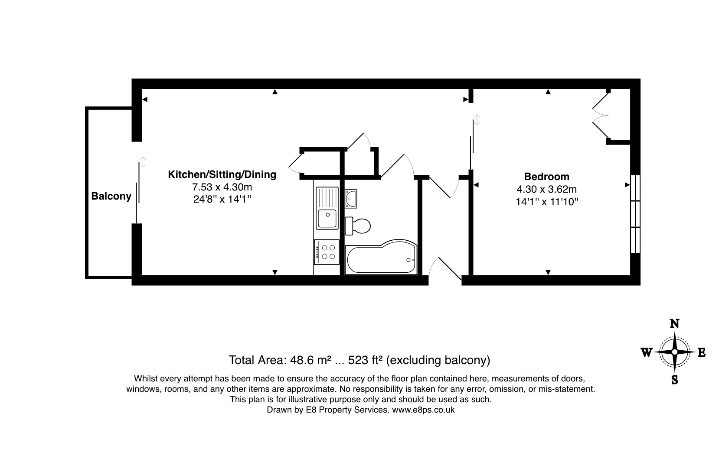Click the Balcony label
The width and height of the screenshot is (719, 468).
(x=111, y=196)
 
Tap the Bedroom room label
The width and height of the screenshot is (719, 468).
(x=547, y=177)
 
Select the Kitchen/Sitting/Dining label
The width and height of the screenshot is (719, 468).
(x=222, y=175)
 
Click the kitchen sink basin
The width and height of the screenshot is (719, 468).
(x=327, y=218)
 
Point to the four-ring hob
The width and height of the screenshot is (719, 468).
(x=327, y=252)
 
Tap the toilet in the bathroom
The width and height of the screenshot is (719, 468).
(x=358, y=226)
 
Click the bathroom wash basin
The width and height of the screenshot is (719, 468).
(x=351, y=199)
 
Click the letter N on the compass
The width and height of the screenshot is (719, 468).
(x=674, y=324)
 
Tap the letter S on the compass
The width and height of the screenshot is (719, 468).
(x=675, y=380)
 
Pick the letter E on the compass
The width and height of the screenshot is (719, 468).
(x=702, y=352)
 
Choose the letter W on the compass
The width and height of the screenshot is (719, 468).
(x=647, y=352)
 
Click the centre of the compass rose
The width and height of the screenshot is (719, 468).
(x=675, y=352)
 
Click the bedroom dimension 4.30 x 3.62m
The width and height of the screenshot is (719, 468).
(x=547, y=190)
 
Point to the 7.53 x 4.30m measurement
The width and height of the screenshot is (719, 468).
(x=222, y=187)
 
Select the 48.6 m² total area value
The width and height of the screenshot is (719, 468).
(x=310, y=360)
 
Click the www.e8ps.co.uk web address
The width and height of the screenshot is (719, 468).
(x=423, y=410)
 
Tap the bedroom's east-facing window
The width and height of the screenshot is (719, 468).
(x=635, y=214)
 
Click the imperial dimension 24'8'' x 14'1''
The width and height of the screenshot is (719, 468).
(x=222, y=200)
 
